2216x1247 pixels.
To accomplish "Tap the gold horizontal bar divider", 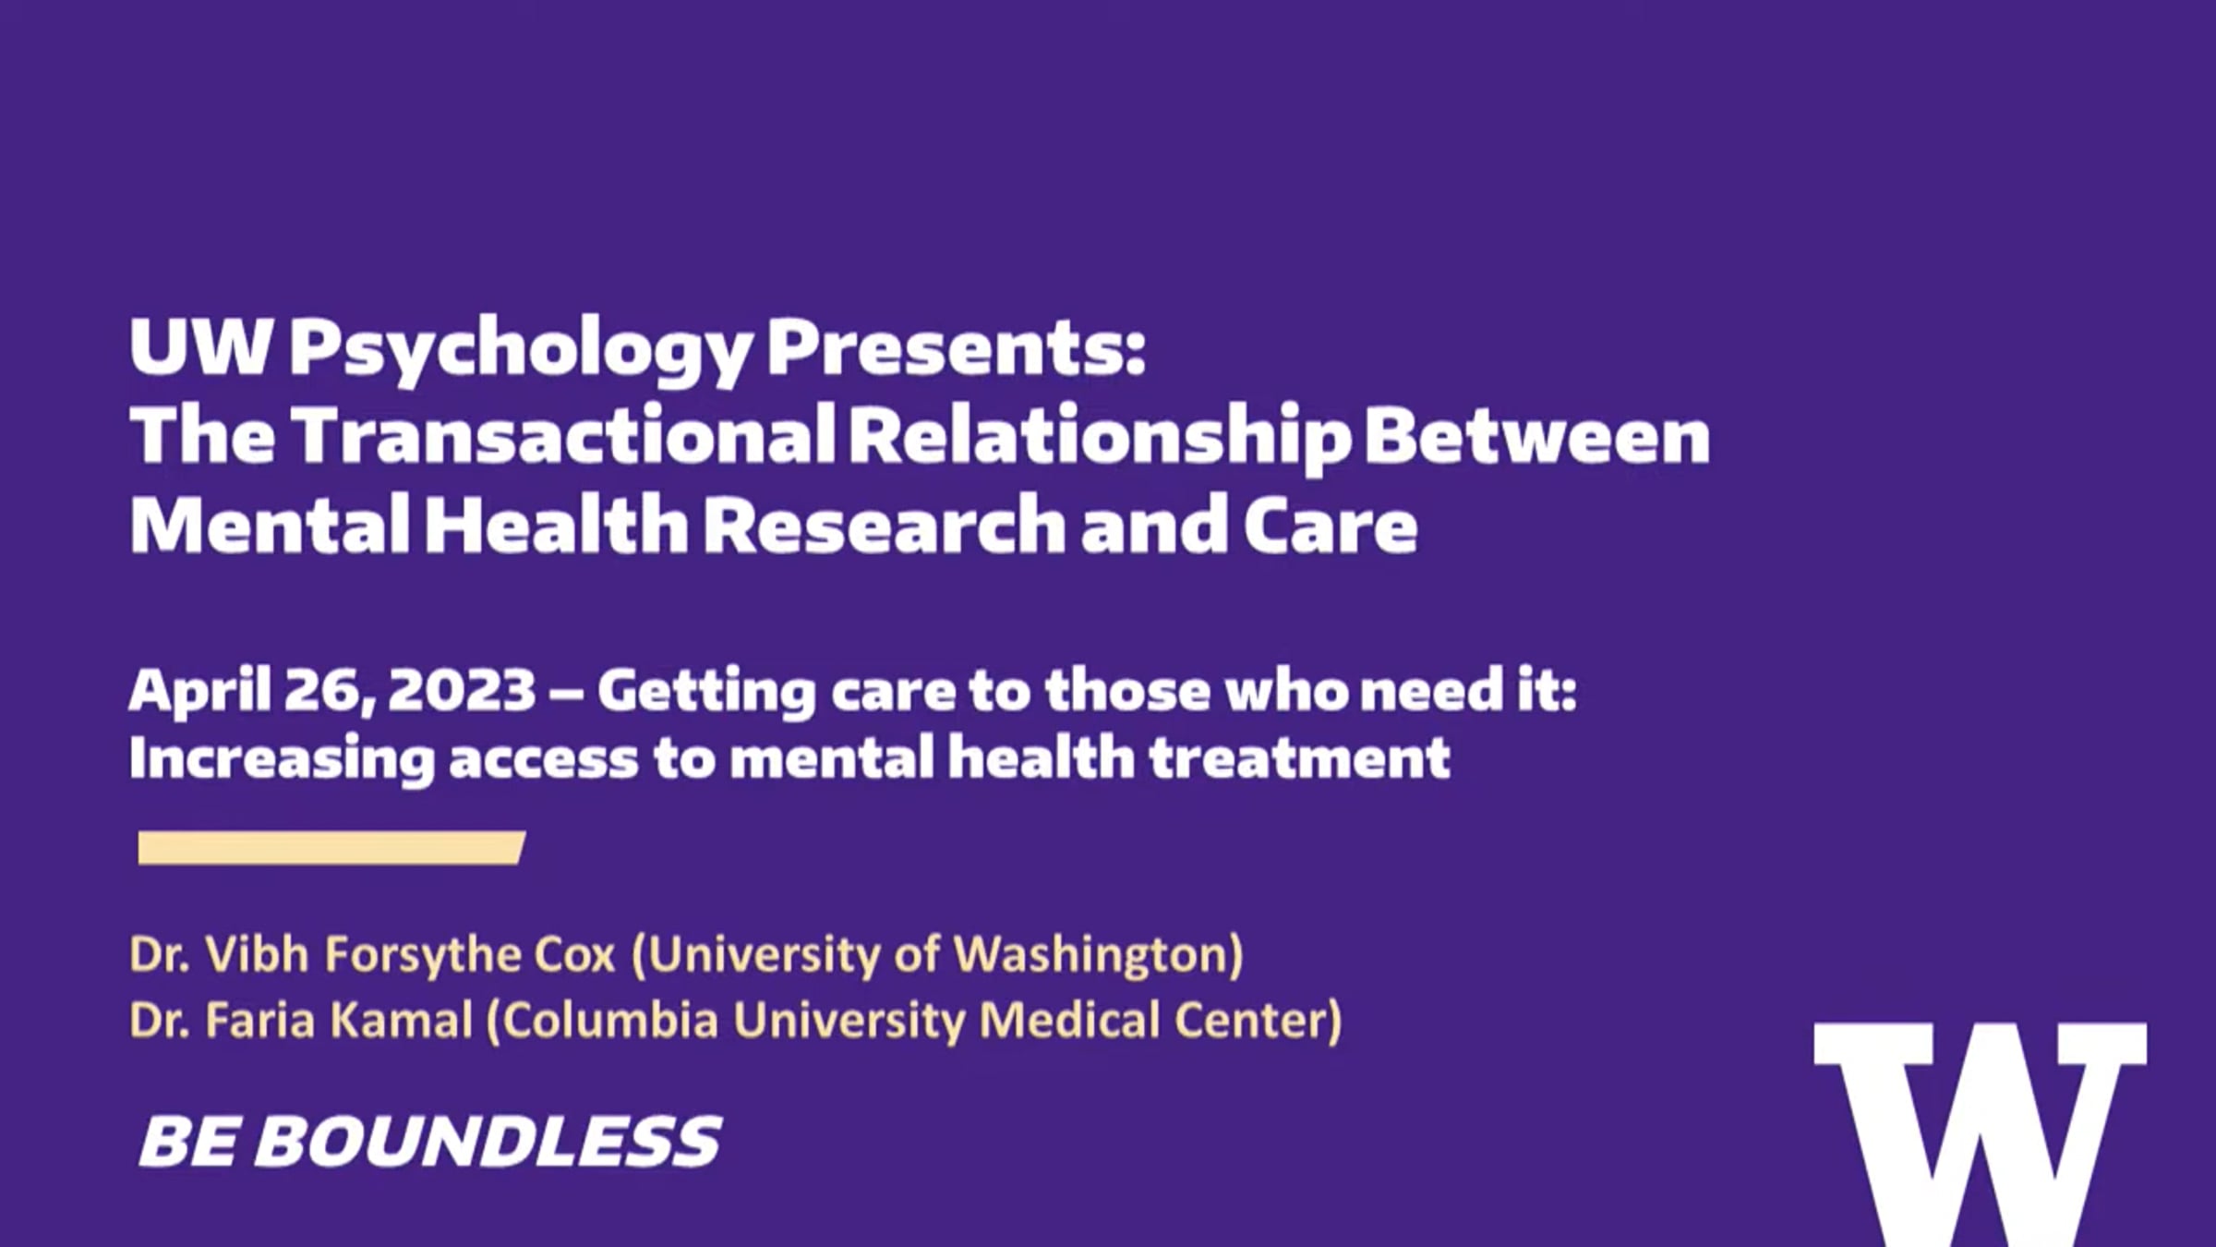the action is [331, 848].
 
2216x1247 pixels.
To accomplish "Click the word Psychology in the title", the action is [520, 350].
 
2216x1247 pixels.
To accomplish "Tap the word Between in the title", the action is [1537, 436].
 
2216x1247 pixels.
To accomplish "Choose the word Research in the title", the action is [885, 524].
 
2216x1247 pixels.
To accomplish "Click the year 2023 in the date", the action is [462, 690].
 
